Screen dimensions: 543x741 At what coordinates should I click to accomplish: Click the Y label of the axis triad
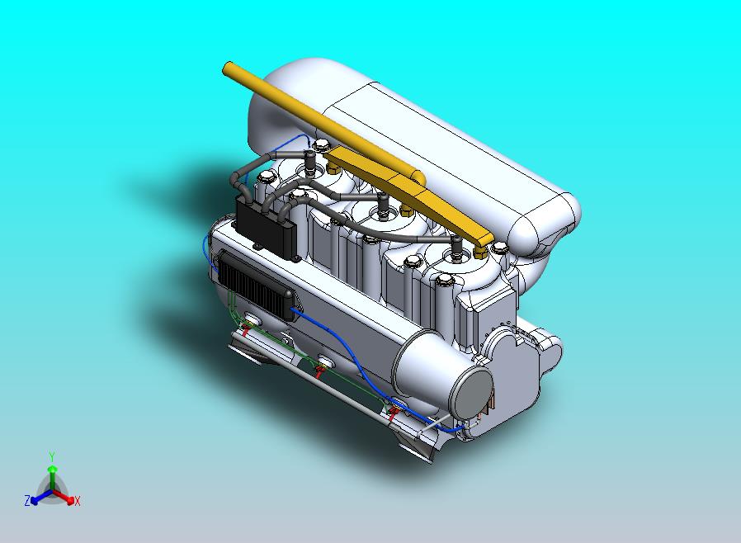coord(51,456)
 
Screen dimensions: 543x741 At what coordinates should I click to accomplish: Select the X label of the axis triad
coord(77,501)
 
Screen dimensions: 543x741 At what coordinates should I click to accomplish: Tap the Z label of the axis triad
coord(27,500)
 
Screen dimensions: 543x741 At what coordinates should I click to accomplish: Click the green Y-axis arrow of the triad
coord(51,475)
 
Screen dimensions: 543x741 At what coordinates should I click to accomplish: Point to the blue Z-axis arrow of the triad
coord(39,496)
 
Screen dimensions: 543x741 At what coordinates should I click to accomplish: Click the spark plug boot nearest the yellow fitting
coord(455,248)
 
